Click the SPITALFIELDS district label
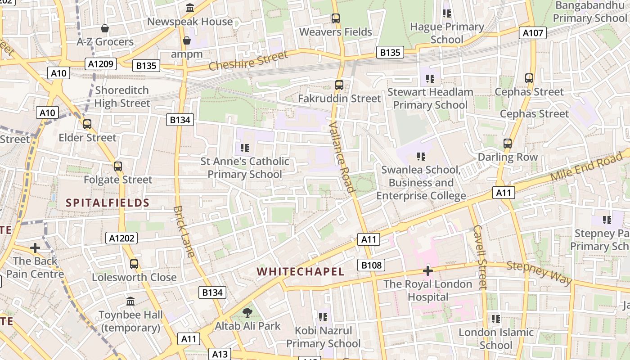[x=108, y=203]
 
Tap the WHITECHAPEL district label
[x=301, y=272]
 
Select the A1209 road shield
[x=101, y=64]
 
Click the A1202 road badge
[x=121, y=238]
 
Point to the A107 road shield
[x=533, y=33]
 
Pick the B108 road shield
[x=371, y=265]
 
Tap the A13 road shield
[x=220, y=354]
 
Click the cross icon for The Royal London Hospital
[x=427, y=271]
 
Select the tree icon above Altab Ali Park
[x=247, y=312]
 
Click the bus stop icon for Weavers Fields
[x=336, y=18]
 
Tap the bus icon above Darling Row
[x=508, y=144]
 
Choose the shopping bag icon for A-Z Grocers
[x=105, y=29]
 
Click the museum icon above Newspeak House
[x=190, y=8]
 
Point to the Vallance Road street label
[x=342, y=157]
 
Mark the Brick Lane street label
[x=184, y=231]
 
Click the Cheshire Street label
[x=248, y=61]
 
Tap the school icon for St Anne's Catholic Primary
[x=245, y=148]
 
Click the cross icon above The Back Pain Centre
[x=35, y=248]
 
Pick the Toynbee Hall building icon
[x=130, y=301]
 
